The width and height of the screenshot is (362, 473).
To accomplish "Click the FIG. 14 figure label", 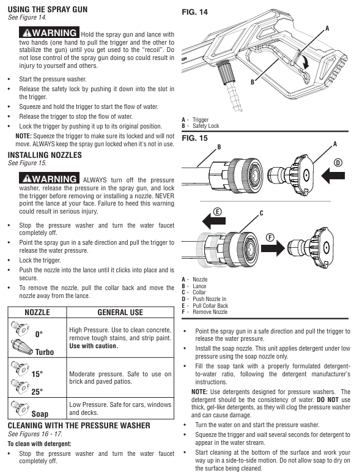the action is (x=194, y=12).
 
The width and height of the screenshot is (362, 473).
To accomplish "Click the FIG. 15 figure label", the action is (x=194, y=138).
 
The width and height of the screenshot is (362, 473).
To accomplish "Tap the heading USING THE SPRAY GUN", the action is (x=48, y=9).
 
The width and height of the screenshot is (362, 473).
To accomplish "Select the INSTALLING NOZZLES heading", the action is (x=45, y=155).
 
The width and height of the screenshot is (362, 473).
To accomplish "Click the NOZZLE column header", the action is (x=37, y=312).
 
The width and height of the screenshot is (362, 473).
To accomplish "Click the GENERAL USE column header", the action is (x=120, y=312).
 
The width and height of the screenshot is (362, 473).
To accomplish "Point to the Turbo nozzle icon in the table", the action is (x=21, y=346).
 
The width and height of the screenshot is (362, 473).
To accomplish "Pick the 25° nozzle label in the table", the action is (x=37, y=392).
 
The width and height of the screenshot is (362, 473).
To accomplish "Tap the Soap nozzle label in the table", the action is (x=40, y=414).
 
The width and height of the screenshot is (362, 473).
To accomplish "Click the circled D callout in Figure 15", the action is (x=338, y=163).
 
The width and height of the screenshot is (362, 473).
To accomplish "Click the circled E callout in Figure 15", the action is (x=217, y=212).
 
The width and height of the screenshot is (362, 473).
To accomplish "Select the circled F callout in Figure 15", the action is (x=270, y=237).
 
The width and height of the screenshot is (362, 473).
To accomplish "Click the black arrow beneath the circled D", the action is (x=333, y=176).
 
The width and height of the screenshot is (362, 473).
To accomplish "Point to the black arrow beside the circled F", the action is (x=273, y=248).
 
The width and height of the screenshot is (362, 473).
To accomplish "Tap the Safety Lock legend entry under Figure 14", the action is (x=200, y=126).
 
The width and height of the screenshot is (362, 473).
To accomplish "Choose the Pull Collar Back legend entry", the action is (x=205, y=305).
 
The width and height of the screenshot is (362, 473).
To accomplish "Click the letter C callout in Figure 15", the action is (x=261, y=214).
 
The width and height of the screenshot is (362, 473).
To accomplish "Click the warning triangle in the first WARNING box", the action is (x=27, y=33).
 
